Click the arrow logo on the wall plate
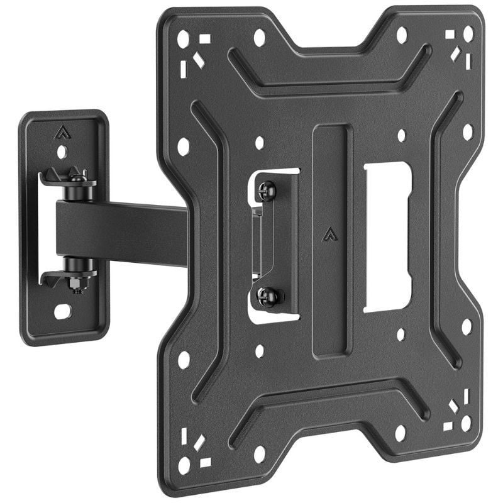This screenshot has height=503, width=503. pos(62,132)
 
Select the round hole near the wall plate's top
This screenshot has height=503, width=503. pos(62,152)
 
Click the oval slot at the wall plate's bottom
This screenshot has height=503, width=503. pos(62,311)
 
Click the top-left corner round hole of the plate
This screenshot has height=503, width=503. pos(184,40)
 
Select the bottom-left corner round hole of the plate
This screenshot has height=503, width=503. pos(184,465)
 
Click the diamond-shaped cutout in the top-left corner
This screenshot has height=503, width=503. pos(199,60)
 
